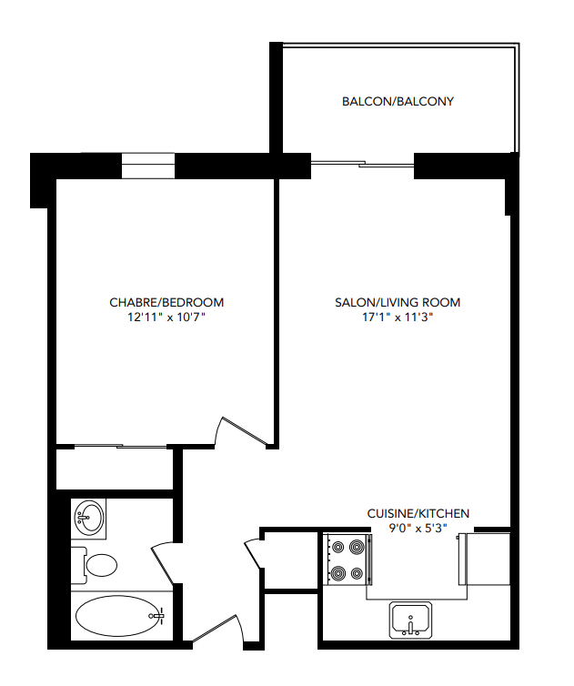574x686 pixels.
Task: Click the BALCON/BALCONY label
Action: pyautogui.click(x=398, y=102)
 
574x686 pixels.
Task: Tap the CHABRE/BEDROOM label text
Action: pyautogui.click(x=166, y=302)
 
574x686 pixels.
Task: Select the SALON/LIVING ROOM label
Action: pyautogui.click(x=398, y=303)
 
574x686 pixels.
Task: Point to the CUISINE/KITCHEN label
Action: pyautogui.click(x=418, y=513)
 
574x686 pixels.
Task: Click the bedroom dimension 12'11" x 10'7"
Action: pyautogui.click(x=166, y=318)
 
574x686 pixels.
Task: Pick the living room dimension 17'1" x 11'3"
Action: pyautogui.click(x=398, y=318)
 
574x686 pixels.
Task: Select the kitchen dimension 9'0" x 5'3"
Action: pyautogui.click(x=418, y=529)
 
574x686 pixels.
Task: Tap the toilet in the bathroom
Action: pyautogui.click(x=96, y=565)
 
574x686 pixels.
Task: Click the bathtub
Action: pyautogui.click(x=118, y=617)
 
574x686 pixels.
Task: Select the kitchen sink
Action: pyautogui.click(x=412, y=620)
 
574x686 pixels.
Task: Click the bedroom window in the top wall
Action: pyautogui.click(x=147, y=166)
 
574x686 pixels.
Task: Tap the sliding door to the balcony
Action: pyautogui.click(x=363, y=165)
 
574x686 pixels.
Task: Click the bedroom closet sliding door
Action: pyautogui.click(x=114, y=447)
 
